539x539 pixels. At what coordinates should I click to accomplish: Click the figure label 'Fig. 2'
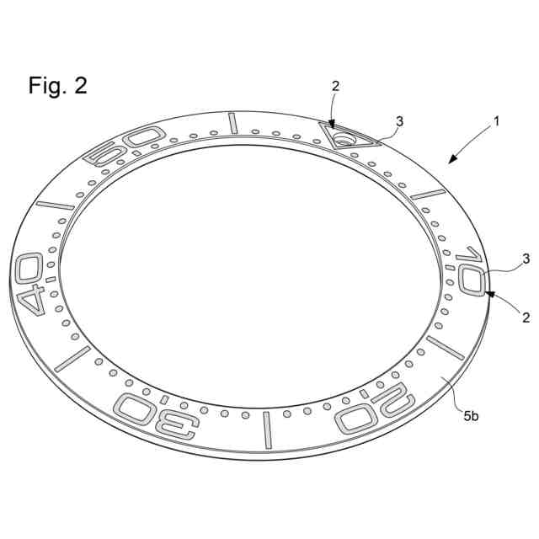coord(57,86)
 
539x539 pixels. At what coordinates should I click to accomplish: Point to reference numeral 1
coord(497,121)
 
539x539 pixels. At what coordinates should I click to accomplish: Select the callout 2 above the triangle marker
coord(335,86)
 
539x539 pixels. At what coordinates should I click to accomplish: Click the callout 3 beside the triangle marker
coord(399,121)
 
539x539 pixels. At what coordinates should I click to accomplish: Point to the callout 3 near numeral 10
coord(525,259)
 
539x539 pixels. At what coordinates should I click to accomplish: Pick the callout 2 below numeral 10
coord(525,318)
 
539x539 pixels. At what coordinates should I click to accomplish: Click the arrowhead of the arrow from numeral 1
coord(450,161)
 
